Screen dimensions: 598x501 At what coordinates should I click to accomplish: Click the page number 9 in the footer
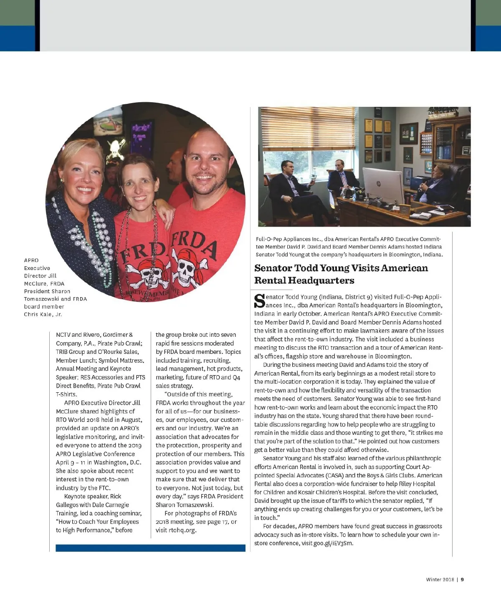point(462,579)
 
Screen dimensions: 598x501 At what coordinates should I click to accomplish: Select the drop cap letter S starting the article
point(260,301)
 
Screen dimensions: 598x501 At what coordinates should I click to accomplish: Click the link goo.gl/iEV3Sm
point(333,543)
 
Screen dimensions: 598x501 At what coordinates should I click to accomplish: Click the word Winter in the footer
point(434,579)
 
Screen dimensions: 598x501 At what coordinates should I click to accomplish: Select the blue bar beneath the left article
point(150,548)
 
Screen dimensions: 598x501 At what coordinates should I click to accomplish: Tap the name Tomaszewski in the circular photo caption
point(42,299)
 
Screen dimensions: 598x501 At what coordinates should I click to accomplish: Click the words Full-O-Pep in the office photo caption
point(268,239)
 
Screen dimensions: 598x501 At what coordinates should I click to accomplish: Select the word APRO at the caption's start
point(31,260)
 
